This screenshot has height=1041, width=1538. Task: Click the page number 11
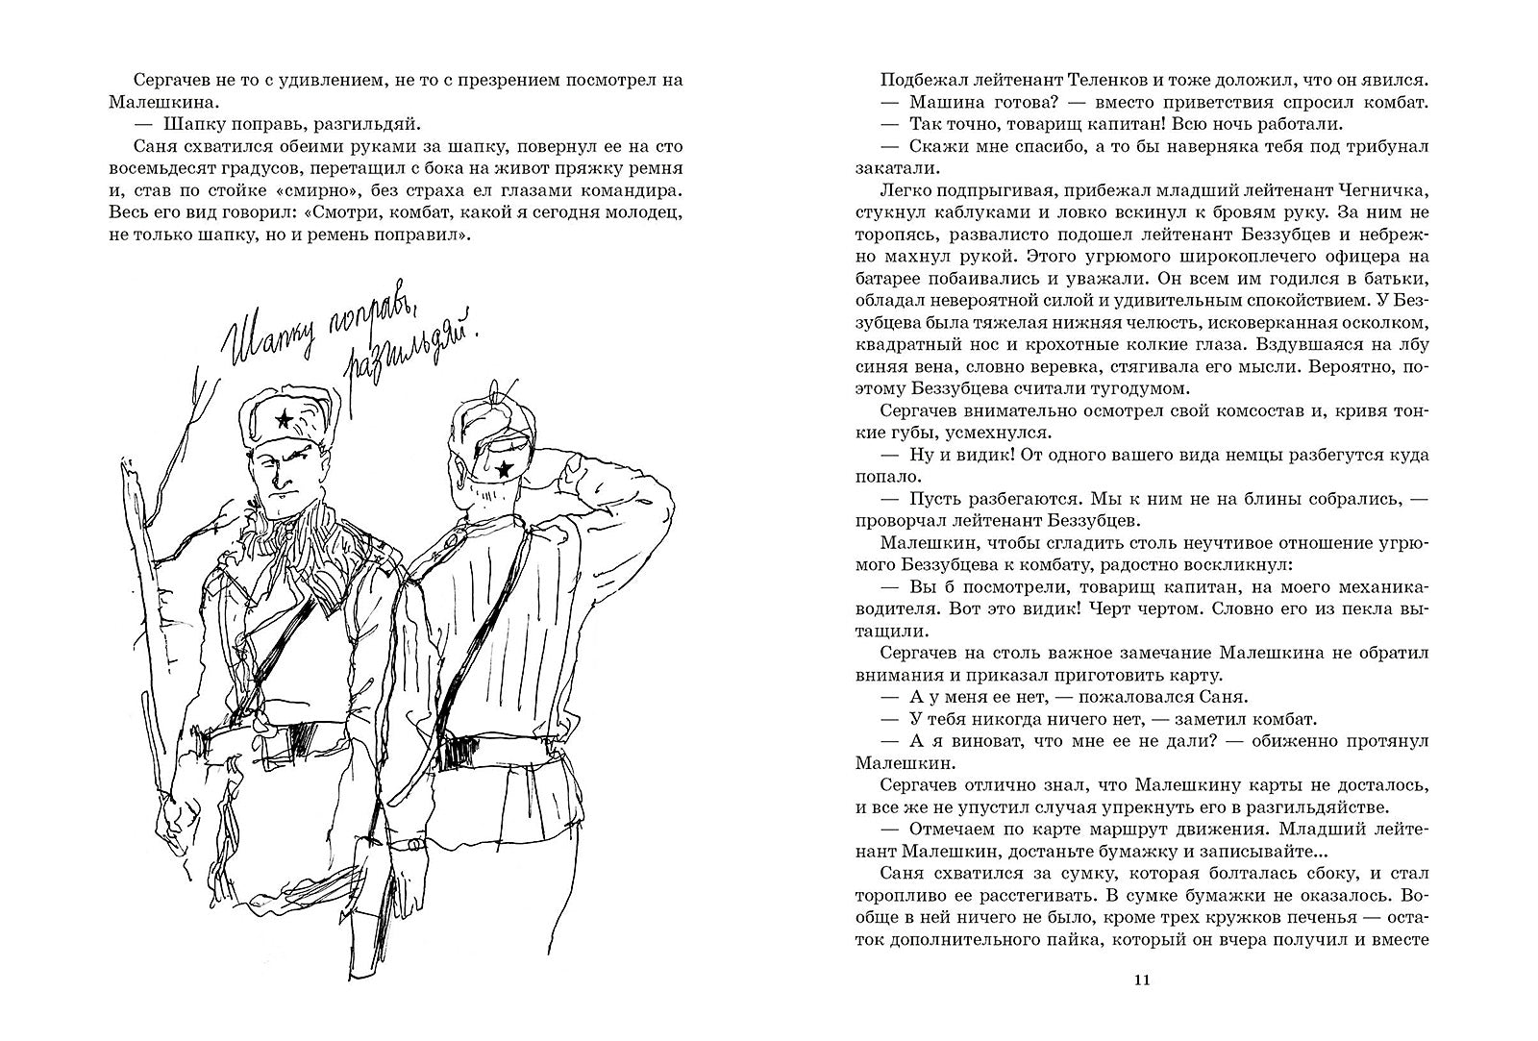(x=1141, y=981)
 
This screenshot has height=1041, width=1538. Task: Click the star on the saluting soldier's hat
(x=501, y=469)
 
